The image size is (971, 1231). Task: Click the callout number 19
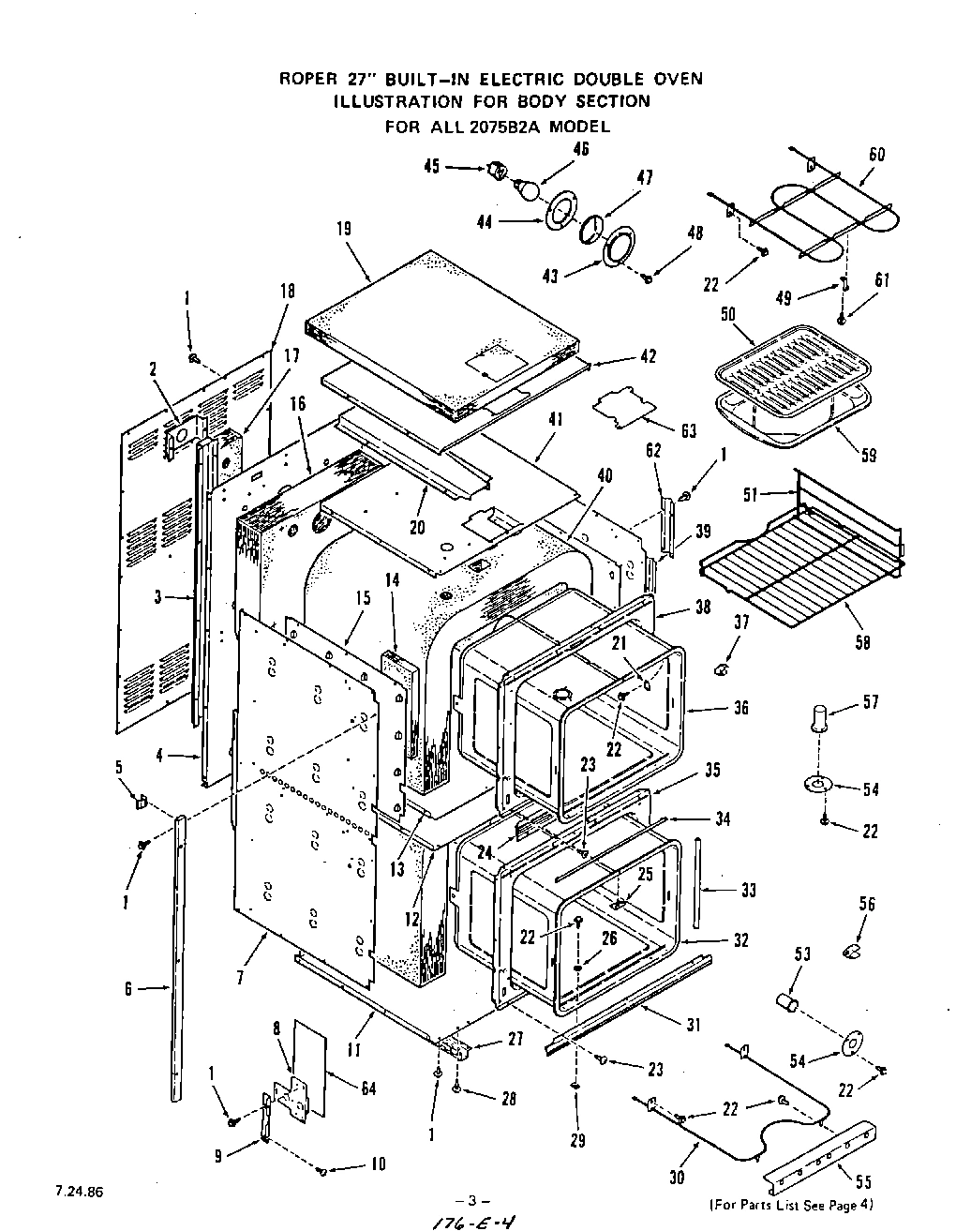tap(342, 228)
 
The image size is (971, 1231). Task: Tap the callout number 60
tap(876, 155)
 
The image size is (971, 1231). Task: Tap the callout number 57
tap(872, 702)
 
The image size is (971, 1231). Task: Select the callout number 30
tap(677, 1178)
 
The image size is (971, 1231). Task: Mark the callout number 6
tap(128, 987)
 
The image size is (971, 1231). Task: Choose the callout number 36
tap(740, 708)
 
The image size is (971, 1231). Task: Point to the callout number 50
tap(727, 314)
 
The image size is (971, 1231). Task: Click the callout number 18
tap(287, 292)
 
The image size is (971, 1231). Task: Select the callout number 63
tap(689, 431)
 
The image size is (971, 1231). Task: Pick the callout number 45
tap(431, 166)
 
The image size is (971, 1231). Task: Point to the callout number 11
tap(352, 1051)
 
